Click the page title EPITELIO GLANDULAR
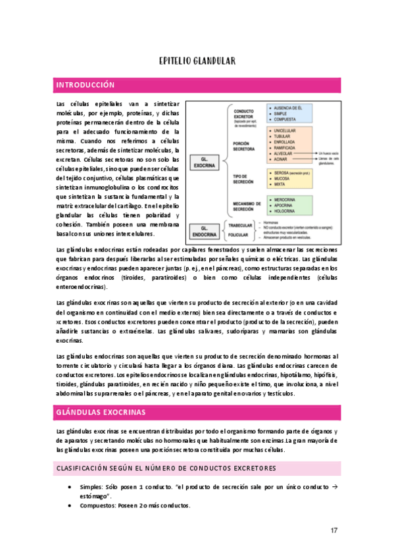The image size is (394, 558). tap(197, 61)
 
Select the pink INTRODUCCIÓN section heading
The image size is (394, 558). tap(86, 86)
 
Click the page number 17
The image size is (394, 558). tap(334, 530)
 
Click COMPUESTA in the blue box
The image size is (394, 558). tap(287, 120)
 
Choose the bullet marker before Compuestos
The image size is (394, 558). tap(70, 505)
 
